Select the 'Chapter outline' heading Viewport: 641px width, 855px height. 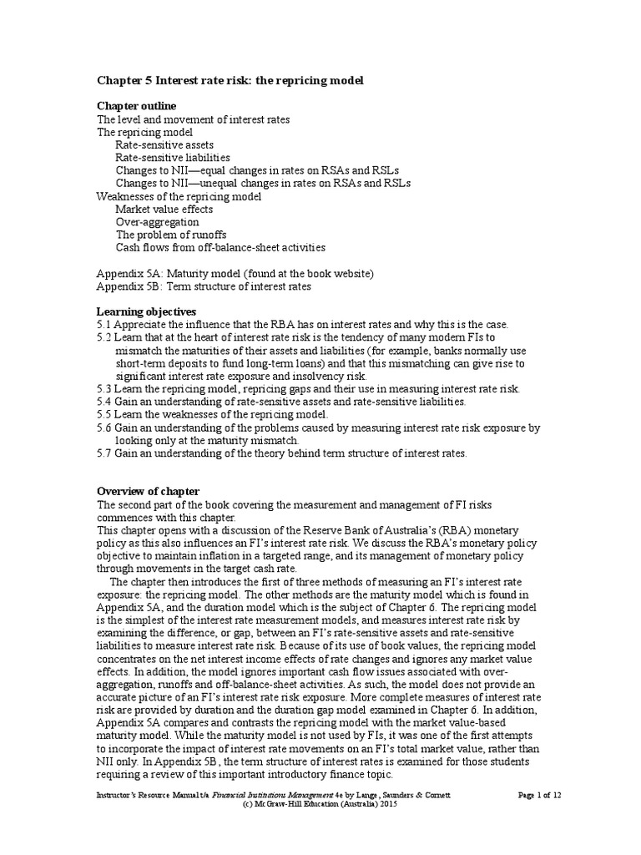point(136,106)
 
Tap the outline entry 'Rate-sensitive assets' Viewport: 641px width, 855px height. point(164,144)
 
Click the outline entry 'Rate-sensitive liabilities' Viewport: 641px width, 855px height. point(173,157)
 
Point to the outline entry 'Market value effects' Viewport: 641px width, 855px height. point(164,209)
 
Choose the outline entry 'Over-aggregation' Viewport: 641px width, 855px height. point(157,222)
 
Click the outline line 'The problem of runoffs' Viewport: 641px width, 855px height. point(171,235)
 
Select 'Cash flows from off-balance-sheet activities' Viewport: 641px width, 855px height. point(220,247)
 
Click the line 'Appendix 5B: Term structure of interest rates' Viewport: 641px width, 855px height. point(204,286)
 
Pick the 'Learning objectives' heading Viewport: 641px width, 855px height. point(146,311)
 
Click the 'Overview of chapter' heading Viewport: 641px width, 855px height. point(148,491)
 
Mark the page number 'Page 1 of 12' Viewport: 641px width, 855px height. point(539,796)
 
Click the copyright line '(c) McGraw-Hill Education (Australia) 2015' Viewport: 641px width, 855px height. point(320,806)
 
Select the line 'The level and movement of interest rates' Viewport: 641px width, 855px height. point(194,119)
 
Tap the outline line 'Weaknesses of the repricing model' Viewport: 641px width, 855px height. point(179,196)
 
